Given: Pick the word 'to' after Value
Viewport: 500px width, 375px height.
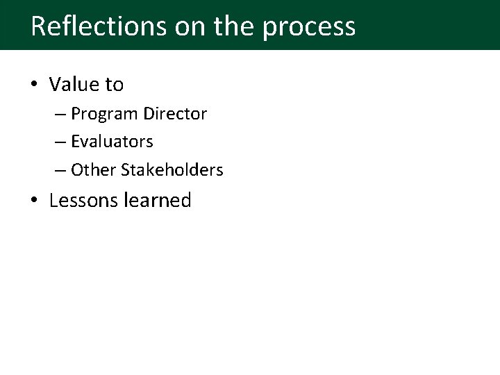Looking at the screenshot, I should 115,85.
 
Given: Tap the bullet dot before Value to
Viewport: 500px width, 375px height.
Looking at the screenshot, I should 35,85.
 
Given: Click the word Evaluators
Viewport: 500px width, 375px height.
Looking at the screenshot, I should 112,142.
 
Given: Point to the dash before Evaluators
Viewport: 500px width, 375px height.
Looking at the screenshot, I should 60,142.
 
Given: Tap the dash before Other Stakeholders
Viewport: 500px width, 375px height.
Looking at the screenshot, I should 60,170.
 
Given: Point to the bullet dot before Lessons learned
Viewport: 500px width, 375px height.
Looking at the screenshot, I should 35,201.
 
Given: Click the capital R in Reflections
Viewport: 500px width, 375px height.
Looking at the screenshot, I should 39,26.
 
